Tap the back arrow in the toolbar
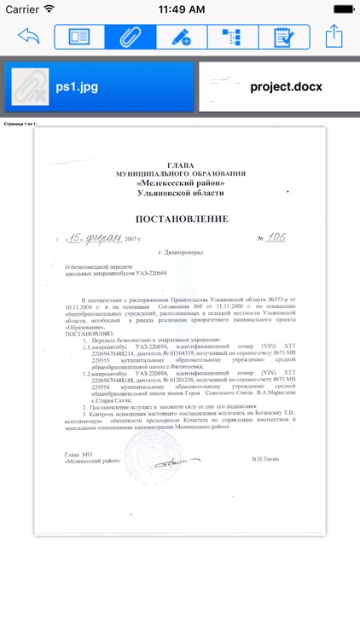point(28,37)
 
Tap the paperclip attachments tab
point(130,37)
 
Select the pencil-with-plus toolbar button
point(180,37)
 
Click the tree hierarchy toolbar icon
point(230,37)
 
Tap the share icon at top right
point(334,36)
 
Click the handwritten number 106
point(275,236)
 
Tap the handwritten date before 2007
point(94,237)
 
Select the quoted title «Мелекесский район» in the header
point(180,183)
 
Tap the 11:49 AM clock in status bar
point(179,9)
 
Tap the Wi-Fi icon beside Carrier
point(49,9)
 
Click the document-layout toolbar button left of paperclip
point(79,37)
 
